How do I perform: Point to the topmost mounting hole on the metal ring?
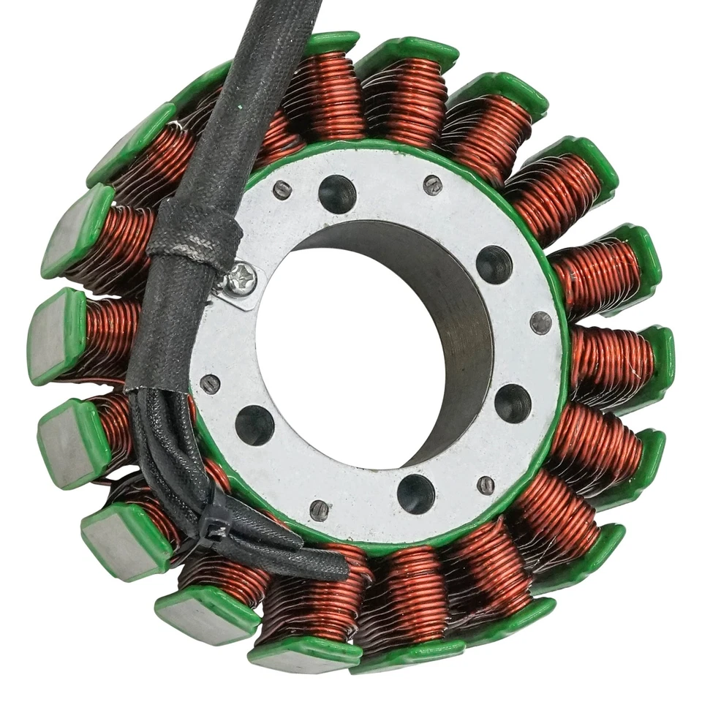pyautogui.click(x=337, y=194)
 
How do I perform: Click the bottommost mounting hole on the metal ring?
pyautogui.click(x=416, y=494)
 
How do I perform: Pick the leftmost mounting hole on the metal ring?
pyautogui.click(x=254, y=424)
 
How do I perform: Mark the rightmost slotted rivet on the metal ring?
pyautogui.click(x=541, y=322)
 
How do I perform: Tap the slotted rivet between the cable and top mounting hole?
pyautogui.click(x=282, y=189)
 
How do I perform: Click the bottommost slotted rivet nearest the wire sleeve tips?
pyautogui.click(x=320, y=510)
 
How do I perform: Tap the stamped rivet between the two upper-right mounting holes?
pyautogui.click(x=433, y=185)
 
